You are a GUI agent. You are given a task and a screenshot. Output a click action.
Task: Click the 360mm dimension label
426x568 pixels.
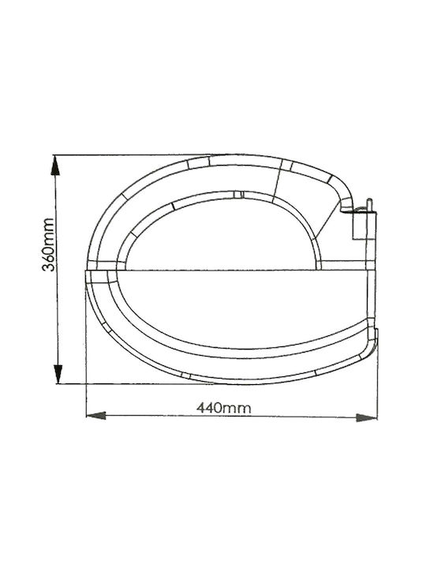click(x=48, y=245)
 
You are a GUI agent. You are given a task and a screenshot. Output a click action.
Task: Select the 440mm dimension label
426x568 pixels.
click(x=224, y=409)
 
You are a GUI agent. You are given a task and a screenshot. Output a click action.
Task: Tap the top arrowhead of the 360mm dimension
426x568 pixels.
click(x=55, y=165)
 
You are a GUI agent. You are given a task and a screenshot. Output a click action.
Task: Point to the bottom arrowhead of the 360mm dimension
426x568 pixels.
click(x=58, y=374)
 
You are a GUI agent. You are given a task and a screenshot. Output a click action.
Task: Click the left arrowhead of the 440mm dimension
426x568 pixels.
click(x=95, y=416)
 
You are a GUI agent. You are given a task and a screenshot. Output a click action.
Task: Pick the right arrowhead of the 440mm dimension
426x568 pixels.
click(x=367, y=417)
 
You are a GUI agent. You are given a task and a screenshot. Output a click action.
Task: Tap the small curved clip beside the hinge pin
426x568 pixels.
click(x=360, y=209)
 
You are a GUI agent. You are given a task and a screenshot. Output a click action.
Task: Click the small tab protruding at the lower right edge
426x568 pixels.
click(x=377, y=336)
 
